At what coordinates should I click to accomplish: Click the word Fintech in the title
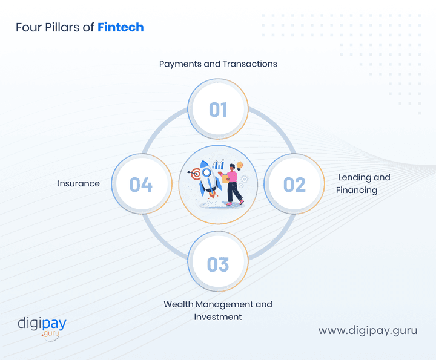coord(121,27)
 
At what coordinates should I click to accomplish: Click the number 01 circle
coord(218,110)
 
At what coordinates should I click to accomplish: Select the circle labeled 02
coord(295,184)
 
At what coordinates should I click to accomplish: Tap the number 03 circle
coord(218,264)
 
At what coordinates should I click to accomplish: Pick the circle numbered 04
coord(141,184)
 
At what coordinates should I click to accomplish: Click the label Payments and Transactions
coord(218,64)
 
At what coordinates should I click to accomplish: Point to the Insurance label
coord(79,183)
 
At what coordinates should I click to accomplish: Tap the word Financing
coord(357,190)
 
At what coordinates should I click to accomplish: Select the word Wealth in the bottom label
coord(179,304)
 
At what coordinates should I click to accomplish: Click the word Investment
coord(218,316)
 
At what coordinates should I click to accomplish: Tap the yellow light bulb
coord(240,165)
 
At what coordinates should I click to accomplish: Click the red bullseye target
coord(194,174)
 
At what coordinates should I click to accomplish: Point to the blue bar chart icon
coord(219,165)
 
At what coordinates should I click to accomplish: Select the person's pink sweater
coord(232,177)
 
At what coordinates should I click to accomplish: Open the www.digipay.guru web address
coord(368,330)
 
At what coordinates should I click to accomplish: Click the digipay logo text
coord(42,323)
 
